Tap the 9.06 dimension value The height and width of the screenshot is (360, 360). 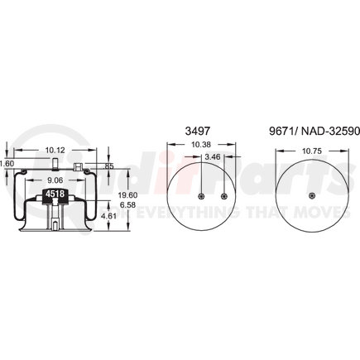54,180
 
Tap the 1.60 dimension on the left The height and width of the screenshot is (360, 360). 7,163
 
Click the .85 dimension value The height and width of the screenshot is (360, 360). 109,167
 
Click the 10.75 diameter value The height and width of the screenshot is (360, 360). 310,152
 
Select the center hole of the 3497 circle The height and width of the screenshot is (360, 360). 203,196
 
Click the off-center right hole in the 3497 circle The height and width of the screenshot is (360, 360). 225,196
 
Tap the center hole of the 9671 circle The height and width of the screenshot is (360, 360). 310,196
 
